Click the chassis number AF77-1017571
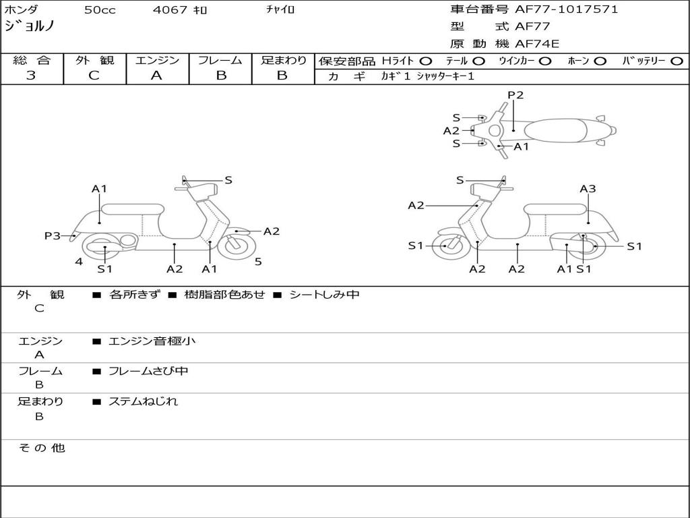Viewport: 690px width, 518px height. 566,9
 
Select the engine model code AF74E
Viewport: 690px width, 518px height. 537,44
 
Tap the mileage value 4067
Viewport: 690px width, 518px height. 170,9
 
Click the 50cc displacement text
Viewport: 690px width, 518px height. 100,9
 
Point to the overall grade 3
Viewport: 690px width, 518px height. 31,76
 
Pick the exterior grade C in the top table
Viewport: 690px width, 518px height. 94,76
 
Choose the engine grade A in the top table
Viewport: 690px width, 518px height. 156,76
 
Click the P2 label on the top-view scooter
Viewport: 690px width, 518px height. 515,94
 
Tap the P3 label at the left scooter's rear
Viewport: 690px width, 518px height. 53,235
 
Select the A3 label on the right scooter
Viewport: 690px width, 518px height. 588,189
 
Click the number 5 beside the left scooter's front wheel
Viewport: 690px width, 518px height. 258,262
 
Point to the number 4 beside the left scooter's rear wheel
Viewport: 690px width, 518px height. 79,262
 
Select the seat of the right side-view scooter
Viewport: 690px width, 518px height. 555,209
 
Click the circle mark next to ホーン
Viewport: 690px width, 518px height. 599,61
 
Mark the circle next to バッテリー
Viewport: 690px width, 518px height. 677,61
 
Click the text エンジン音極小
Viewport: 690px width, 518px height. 152,341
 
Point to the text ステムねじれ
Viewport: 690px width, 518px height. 143,401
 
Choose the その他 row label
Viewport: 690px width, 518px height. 42,448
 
